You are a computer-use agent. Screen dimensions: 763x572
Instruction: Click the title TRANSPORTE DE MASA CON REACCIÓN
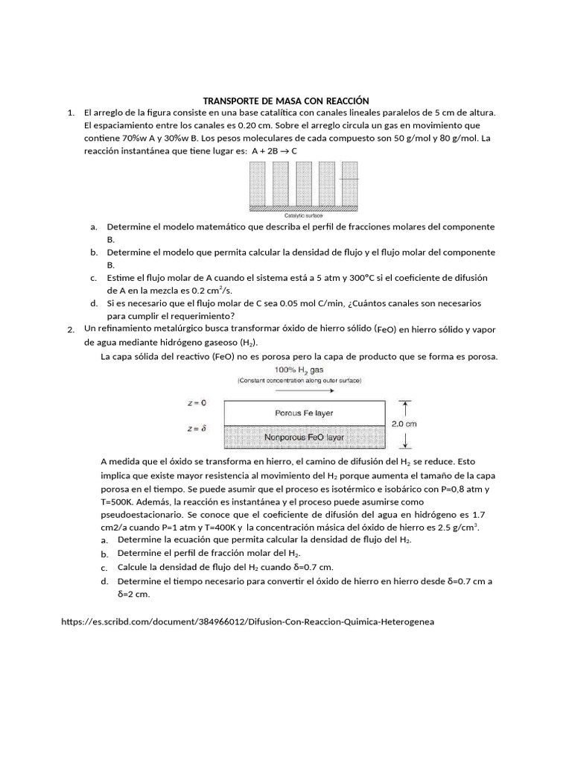tap(287, 101)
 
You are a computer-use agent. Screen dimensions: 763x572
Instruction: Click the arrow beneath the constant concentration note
tap(299, 389)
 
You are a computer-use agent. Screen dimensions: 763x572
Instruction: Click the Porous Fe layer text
tap(304, 413)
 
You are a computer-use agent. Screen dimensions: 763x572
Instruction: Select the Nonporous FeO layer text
tap(304, 437)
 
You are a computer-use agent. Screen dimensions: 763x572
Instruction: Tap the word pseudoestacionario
tap(142, 515)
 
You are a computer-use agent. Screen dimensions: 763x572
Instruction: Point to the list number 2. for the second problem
tap(70, 329)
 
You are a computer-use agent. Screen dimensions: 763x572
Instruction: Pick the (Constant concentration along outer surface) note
tap(299, 380)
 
